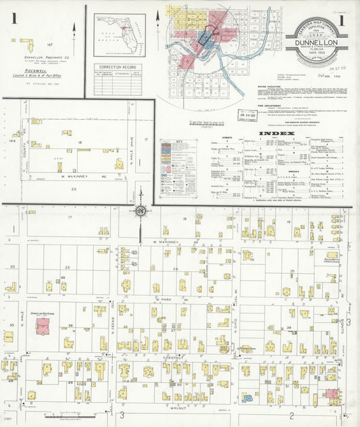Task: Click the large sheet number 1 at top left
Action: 14,18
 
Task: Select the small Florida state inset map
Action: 120,34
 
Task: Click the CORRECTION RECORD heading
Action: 120,67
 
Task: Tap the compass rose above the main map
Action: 140,212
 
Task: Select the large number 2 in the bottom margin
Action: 291,415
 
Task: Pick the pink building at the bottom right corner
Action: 331,393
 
